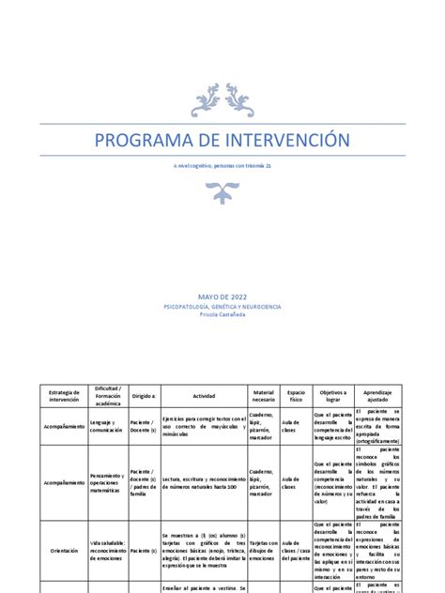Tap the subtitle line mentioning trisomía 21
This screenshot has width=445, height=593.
click(x=222, y=165)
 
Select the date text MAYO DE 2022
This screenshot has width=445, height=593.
click(x=222, y=296)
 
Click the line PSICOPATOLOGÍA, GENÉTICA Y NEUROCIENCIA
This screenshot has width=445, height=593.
click(x=222, y=306)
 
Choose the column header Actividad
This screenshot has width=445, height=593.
click(x=204, y=395)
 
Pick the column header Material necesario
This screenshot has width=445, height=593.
click(x=264, y=395)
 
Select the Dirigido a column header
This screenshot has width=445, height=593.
click(x=144, y=395)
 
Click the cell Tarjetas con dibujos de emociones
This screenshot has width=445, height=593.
click(x=264, y=551)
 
